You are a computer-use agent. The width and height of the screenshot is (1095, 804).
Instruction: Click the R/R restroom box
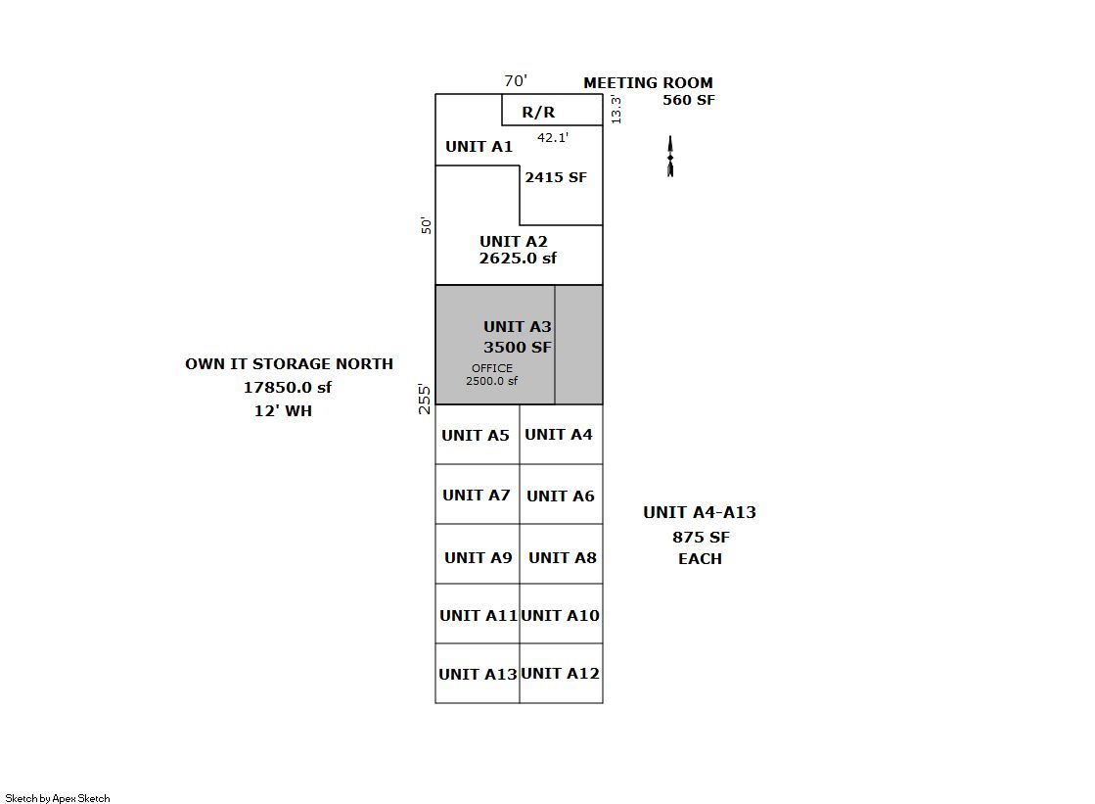(x=552, y=110)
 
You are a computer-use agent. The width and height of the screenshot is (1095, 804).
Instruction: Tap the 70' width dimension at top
(x=516, y=81)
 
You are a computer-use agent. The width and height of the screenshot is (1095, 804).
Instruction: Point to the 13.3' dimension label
(x=616, y=109)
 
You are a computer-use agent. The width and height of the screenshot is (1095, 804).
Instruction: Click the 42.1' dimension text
(x=553, y=138)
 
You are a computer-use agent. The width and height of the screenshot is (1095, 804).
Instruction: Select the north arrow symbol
(x=670, y=157)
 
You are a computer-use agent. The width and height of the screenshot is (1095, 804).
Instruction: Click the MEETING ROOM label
(x=648, y=83)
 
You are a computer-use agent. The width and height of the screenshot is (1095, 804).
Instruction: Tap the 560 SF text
(x=688, y=100)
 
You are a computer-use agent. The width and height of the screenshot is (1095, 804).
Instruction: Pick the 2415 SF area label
(x=556, y=177)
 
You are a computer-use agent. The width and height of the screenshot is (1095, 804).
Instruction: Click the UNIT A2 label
(x=514, y=242)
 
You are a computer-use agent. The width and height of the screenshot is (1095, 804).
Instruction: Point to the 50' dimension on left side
(x=426, y=225)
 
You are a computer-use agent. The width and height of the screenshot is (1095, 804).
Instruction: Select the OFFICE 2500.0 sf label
(x=491, y=375)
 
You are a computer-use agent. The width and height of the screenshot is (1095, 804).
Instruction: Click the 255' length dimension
(x=426, y=399)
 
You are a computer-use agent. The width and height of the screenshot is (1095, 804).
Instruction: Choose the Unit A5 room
(x=477, y=435)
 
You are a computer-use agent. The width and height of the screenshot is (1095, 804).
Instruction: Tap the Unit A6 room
(x=561, y=495)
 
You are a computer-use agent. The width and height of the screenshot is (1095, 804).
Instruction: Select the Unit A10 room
(x=561, y=614)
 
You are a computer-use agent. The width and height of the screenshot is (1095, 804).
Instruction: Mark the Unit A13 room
(x=478, y=674)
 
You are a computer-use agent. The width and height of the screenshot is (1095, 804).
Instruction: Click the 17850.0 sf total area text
(x=288, y=388)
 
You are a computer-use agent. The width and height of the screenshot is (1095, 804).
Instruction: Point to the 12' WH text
(x=283, y=411)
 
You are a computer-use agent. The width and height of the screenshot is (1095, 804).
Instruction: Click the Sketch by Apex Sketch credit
(x=58, y=798)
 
